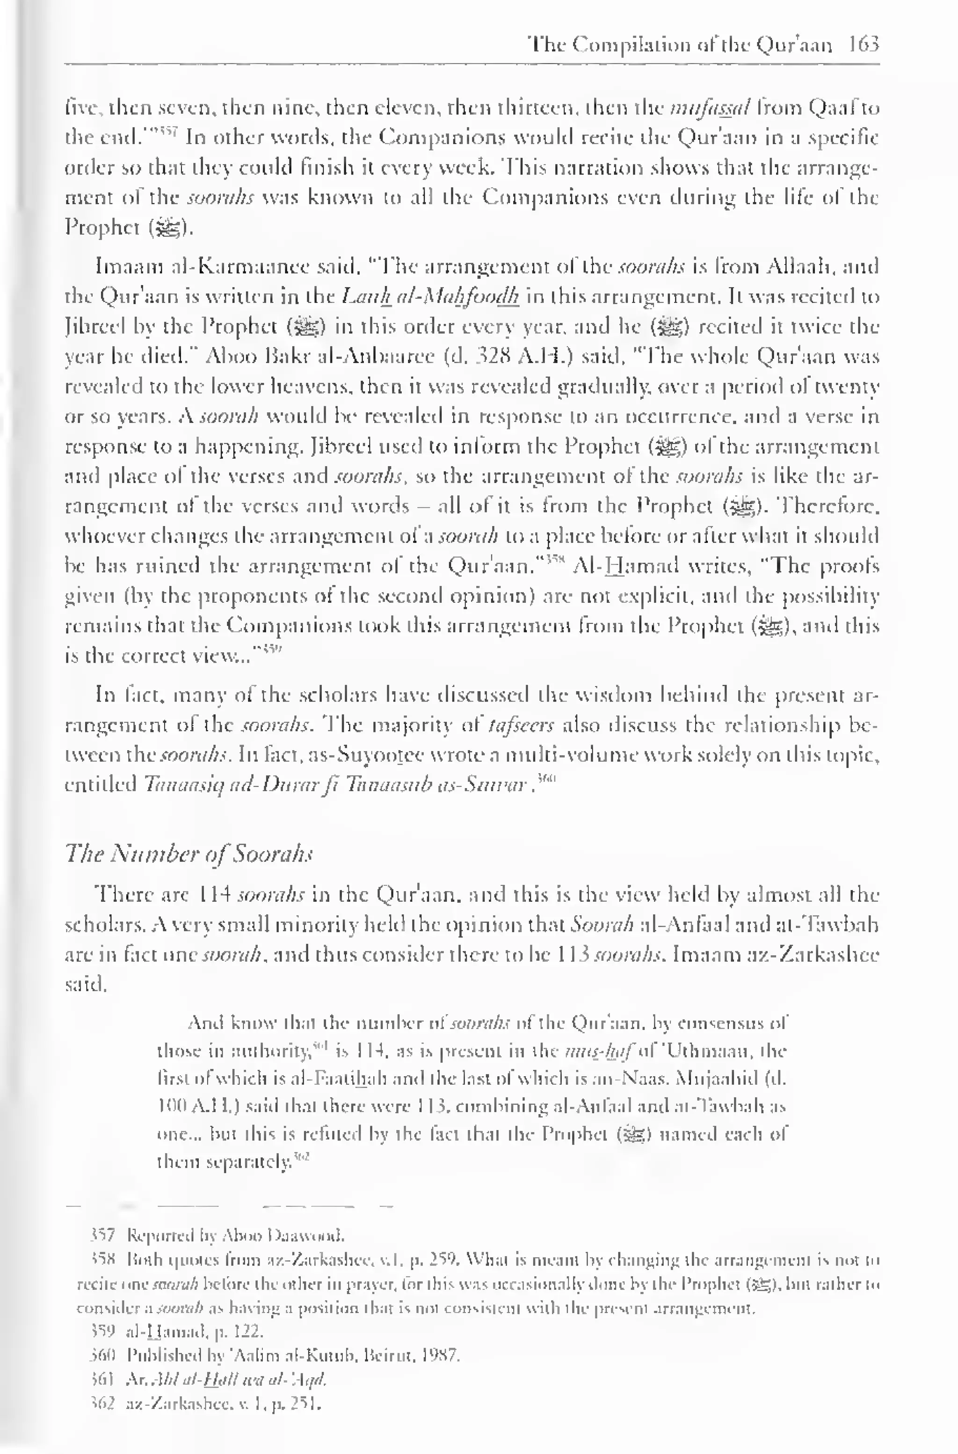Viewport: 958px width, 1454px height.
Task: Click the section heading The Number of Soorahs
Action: click(189, 853)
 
